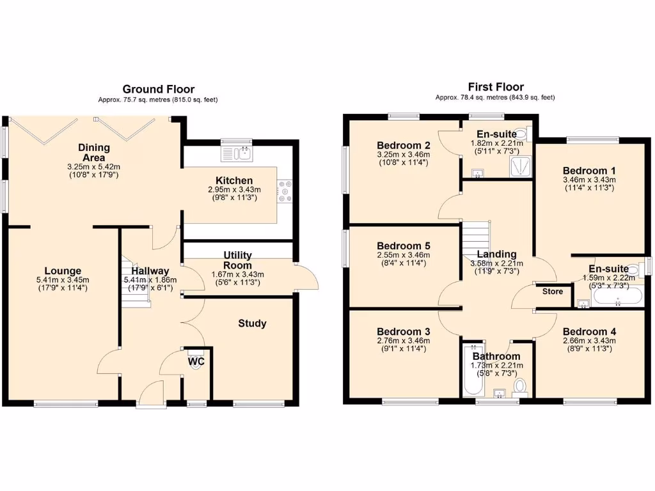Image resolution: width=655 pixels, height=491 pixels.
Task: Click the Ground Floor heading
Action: pos(158,89)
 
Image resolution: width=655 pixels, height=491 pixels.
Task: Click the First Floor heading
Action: pos(495,86)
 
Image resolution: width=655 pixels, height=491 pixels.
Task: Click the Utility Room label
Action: pos(237,260)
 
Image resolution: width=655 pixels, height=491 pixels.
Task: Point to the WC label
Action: pos(196,361)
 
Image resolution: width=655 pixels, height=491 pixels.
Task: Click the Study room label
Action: pos(252,323)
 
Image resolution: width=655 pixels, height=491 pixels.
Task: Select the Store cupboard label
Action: pos(553,292)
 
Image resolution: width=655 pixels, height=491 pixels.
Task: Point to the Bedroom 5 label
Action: pos(403,246)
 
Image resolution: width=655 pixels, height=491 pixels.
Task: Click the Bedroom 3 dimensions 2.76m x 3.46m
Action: pos(403,341)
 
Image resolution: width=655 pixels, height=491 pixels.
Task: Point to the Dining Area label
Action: pos(94,153)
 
